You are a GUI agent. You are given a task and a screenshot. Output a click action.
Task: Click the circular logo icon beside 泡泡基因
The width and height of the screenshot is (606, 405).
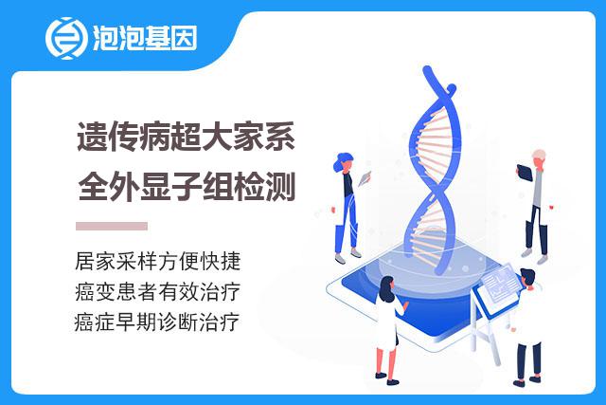(x=66, y=38)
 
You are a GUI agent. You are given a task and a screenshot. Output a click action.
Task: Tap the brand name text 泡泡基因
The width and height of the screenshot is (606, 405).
(x=145, y=38)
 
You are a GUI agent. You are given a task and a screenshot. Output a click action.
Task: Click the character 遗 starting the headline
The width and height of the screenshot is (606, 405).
(x=92, y=137)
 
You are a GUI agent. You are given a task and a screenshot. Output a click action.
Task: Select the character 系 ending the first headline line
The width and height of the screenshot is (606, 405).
(x=279, y=137)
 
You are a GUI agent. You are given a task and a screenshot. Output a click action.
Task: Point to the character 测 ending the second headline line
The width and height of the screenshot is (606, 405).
(x=279, y=187)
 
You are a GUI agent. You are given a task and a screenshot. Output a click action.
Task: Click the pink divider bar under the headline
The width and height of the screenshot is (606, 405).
(x=112, y=226)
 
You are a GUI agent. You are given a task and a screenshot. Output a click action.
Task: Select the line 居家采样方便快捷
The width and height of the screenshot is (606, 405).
(x=158, y=261)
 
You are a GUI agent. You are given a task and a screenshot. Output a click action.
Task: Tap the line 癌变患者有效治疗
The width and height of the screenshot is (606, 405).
(x=158, y=291)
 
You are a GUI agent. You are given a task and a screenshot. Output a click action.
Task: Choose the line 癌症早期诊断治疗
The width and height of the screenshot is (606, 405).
(x=157, y=322)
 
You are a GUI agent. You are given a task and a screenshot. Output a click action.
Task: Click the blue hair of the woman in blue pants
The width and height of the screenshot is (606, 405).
(x=341, y=161)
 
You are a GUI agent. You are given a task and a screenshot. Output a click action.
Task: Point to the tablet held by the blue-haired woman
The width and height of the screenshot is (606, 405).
(x=364, y=178)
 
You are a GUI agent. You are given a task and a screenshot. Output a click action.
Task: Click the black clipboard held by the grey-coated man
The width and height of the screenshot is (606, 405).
(x=525, y=173)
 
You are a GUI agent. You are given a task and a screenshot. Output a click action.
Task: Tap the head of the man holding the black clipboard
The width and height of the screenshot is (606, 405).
(x=539, y=158)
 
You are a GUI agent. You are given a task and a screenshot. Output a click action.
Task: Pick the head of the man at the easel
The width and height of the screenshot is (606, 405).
(x=528, y=279)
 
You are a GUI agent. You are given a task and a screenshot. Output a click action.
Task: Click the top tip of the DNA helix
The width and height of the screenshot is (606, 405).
(x=427, y=69)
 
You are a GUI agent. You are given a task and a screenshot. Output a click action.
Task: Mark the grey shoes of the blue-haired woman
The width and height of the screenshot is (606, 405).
(x=348, y=256)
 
